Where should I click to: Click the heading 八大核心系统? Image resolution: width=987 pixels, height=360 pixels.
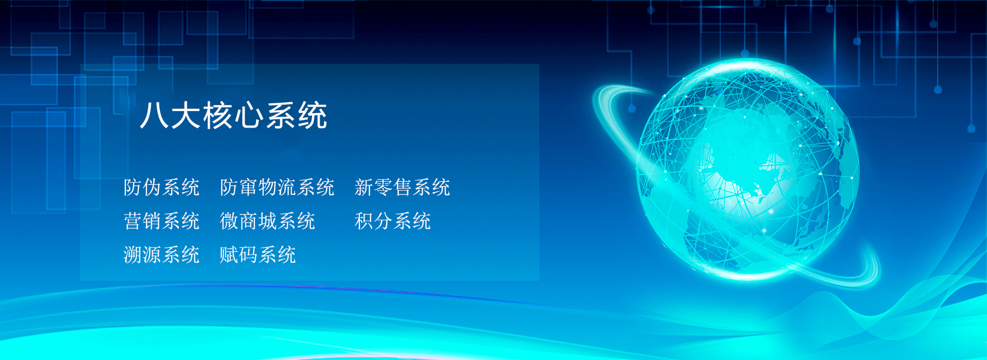(x=234, y=115)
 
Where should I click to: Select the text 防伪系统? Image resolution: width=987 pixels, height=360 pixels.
(x=161, y=188)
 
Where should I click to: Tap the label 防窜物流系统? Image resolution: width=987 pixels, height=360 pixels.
(x=277, y=188)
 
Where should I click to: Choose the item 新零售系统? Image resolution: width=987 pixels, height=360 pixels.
(x=403, y=188)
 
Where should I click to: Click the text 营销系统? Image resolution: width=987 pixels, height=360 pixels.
(x=161, y=221)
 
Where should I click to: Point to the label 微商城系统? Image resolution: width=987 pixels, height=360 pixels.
(x=267, y=221)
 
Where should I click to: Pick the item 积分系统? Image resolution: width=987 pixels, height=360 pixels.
(x=393, y=221)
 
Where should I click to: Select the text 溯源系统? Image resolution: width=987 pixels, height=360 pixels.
(x=161, y=255)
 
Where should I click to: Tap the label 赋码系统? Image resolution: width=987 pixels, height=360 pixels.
(x=258, y=255)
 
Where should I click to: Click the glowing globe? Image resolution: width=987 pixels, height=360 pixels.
(x=748, y=170)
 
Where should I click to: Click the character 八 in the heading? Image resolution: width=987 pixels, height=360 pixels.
(x=154, y=115)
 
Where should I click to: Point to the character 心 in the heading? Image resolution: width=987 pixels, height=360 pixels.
(x=250, y=115)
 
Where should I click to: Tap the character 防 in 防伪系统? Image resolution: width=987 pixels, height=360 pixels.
(x=133, y=188)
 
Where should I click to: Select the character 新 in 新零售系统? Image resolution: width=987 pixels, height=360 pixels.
(x=364, y=188)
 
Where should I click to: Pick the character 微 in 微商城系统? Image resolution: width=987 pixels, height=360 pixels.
(x=229, y=221)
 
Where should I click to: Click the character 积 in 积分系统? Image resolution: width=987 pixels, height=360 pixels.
(x=364, y=221)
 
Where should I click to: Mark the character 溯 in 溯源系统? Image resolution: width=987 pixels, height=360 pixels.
(x=133, y=255)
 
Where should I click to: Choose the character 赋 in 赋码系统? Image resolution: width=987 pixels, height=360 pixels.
(x=229, y=255)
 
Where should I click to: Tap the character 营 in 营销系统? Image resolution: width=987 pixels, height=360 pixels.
(x=133, y=221)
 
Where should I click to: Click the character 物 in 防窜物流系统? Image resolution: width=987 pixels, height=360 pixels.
(x=267, y=188)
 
